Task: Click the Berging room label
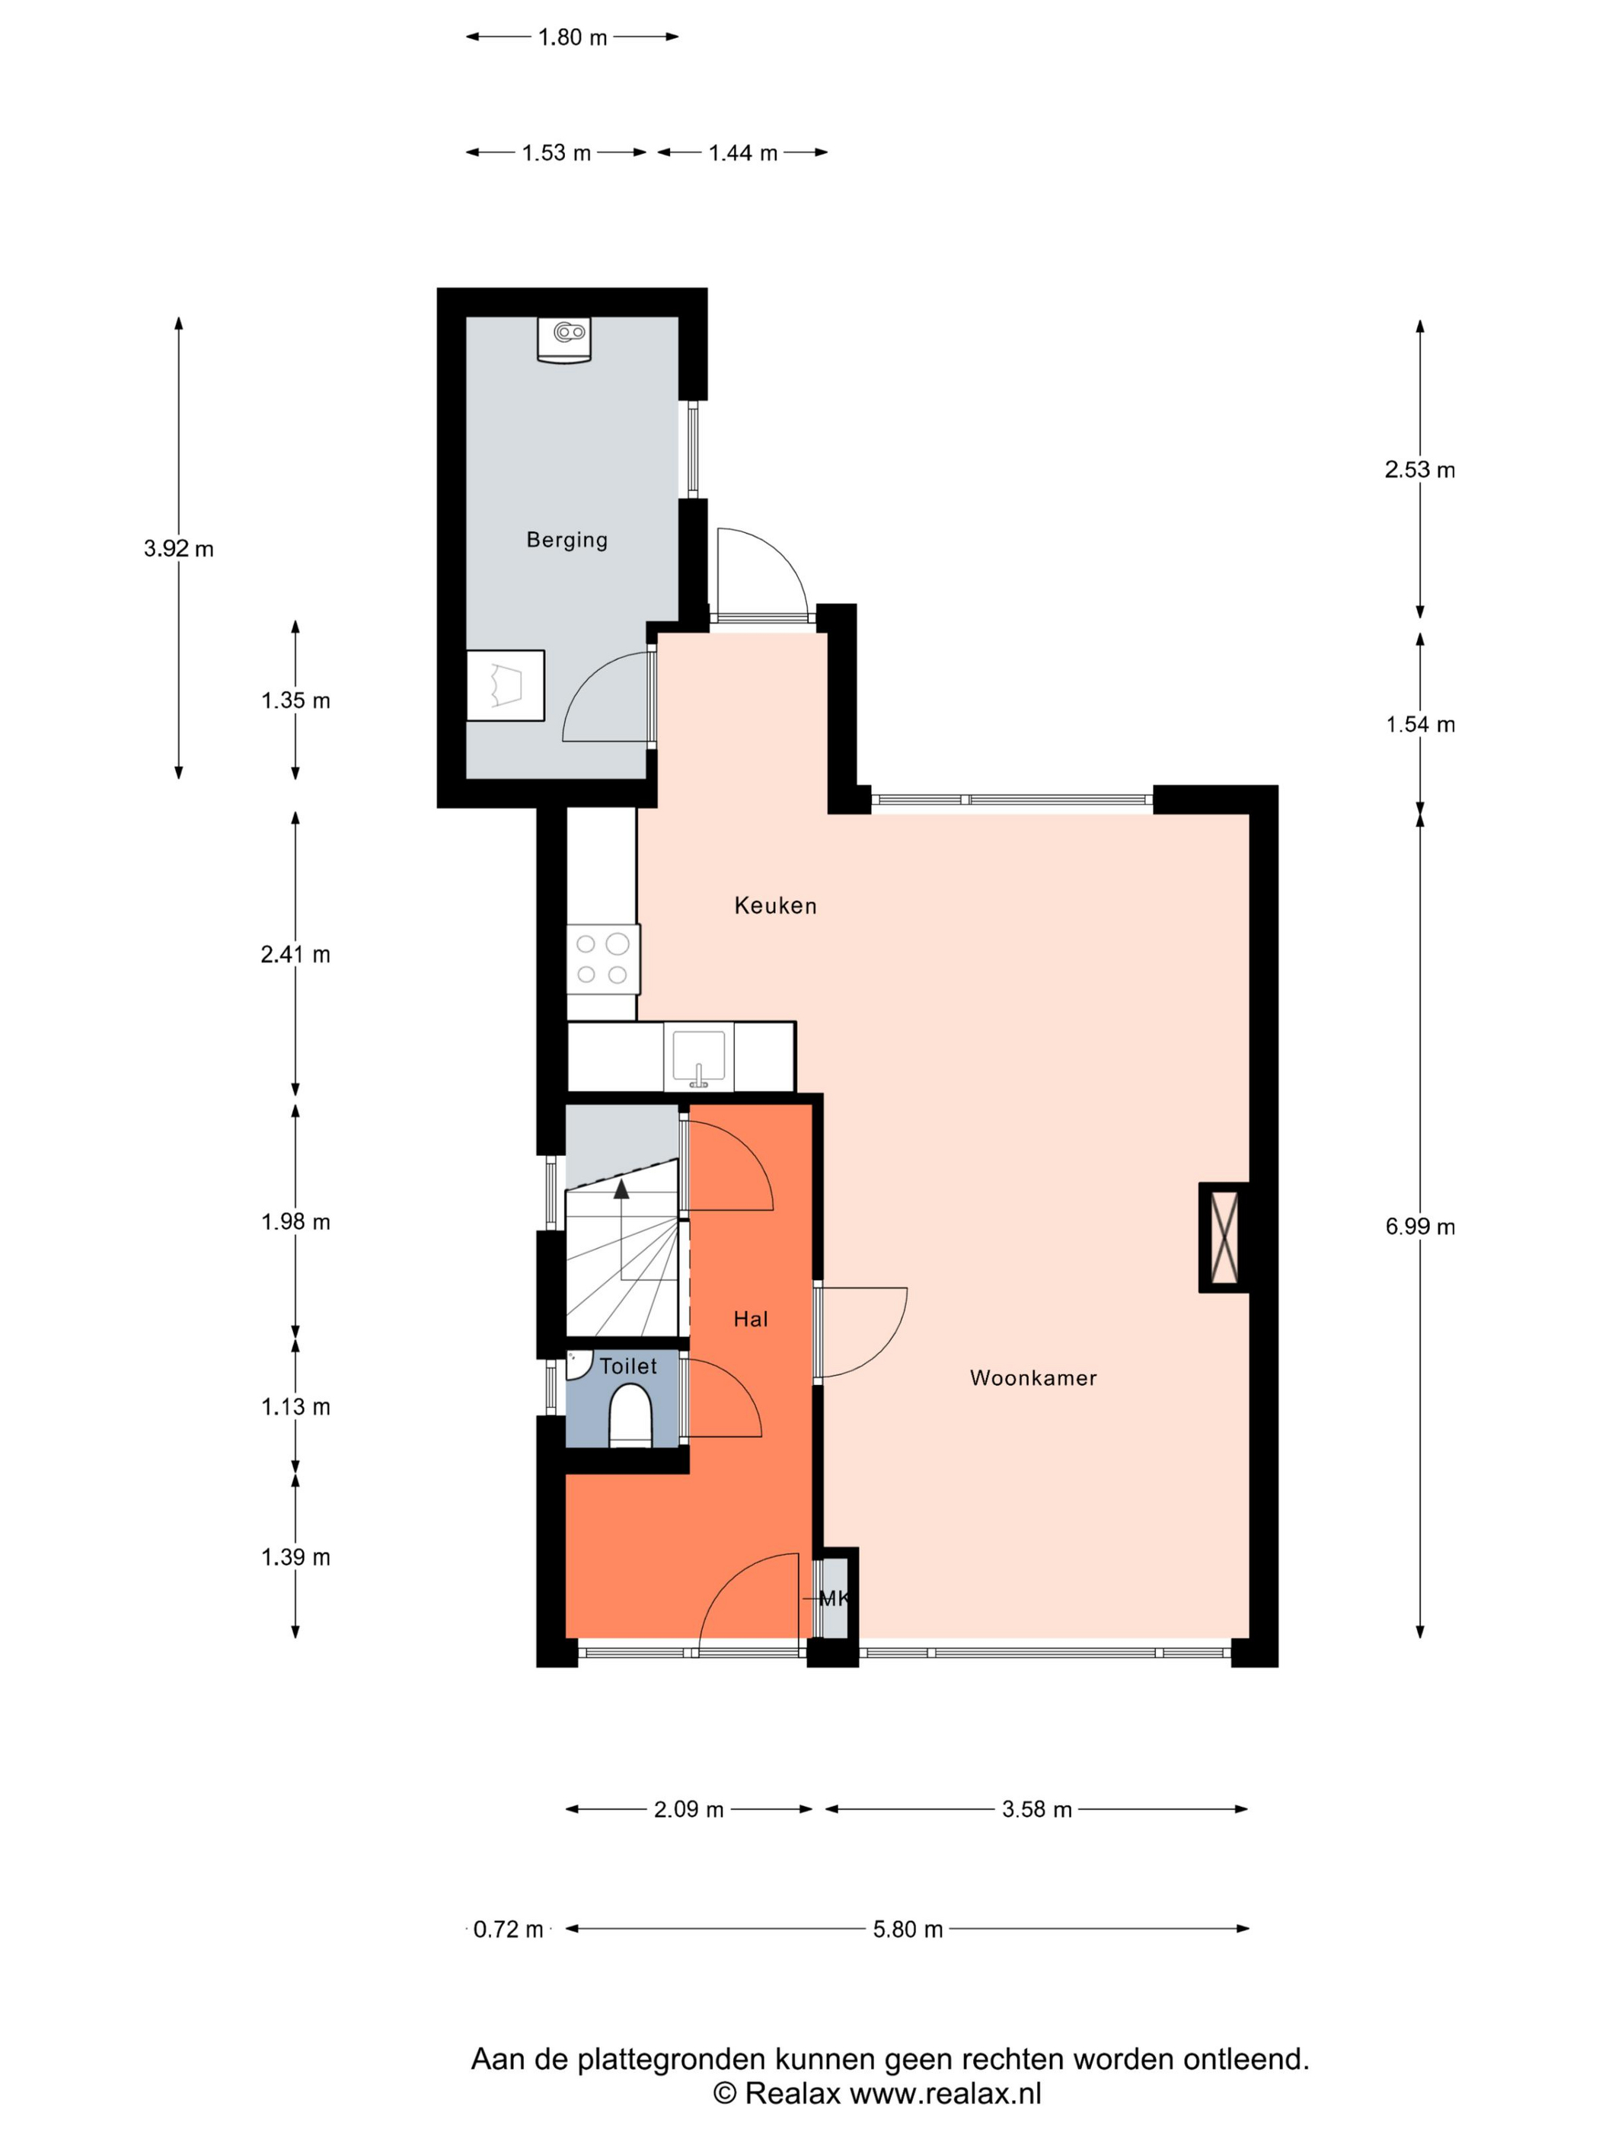pyautogui.click(x=566, y=540)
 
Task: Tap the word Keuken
pyautogui.click(x=775, y=905)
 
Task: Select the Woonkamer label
pyautogui.click(x=1032, y=1377)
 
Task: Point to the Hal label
pyautogui.click(x=750, y=1319)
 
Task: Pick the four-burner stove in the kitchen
pyautogui.click(x=602, y=958)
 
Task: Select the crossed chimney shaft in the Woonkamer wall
pyautogui.click(x=1224, y=1237)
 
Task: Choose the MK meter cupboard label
pyautogui.click(x=833, y=1598)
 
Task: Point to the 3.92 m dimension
pyautogui.click(x=178, y=548)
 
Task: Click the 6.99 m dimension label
pyautogui.click(x=1420, y=1226)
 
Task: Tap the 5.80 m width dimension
pyautogui.click(x=907, y=1929)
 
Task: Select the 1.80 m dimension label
pyautogui.click(x=573, y=37)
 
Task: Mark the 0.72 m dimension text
pyautogui.click(x=508, y=1929)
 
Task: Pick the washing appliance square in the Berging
pyautogui.click(x=505, y=685)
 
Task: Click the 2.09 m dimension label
pyautogui.click(x=688, y=1809)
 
